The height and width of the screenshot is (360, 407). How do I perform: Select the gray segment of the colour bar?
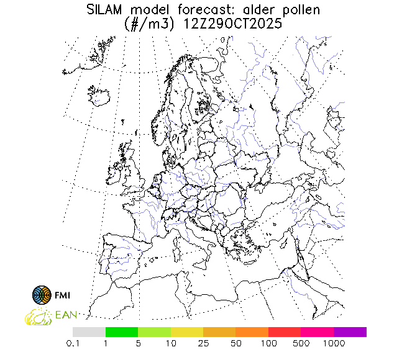[x=89, y=332]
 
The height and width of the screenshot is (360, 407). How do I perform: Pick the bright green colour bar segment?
[x=122, y=332]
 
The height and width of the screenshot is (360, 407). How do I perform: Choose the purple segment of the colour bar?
[x=350, y=332]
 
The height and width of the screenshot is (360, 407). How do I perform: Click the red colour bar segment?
[x=285, y=332]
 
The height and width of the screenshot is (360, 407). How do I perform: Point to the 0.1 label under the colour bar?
[x=73, y=343]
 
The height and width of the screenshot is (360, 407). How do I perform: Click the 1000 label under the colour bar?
[x=334, y=343]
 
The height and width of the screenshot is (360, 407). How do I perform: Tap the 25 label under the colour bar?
[x=203, y=343]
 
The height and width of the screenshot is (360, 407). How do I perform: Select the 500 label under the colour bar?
[x=301, y=343]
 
